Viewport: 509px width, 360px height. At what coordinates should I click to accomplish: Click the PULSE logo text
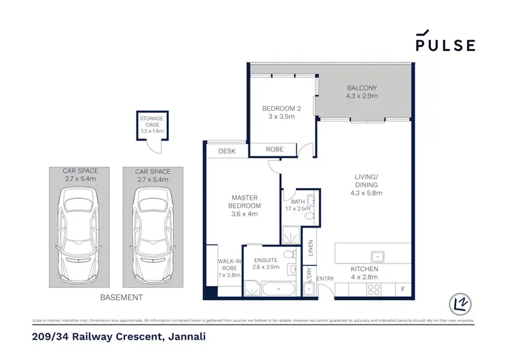(x=445, y=45)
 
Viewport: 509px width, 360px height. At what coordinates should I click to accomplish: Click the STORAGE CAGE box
(x=151, y=126)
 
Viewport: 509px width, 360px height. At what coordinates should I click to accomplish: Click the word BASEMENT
(x=121, y=298)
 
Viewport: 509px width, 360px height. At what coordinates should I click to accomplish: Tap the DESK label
(x=227, y=151)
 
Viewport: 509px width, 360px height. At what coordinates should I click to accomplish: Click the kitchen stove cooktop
(x=374, y=289)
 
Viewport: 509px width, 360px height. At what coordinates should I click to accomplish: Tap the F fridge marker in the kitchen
(x=402, y=290)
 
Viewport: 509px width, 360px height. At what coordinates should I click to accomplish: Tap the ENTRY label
(x=325, y=278)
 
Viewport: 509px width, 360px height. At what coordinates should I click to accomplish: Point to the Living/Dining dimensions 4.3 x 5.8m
(x=366, y=193)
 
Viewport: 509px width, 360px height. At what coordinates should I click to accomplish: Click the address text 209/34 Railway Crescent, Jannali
(x=119, y=336)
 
